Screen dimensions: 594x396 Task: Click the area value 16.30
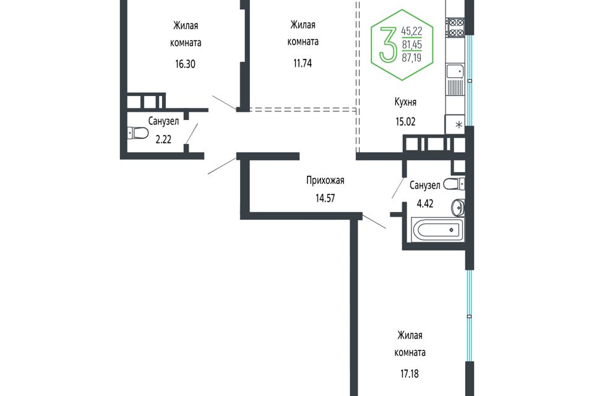pyautogui.click(x=185, y=64)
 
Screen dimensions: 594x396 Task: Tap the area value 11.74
pyautogui.click(x=303, y=63)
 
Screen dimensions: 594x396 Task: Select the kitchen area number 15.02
pyautogui.click(x=405, y=122)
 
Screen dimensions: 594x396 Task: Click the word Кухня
pyautogui.click(x=405, y=102)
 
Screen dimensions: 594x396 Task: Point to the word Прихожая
pyautogui.click(x=325, y=181)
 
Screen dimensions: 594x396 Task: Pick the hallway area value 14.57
pyautogui.click(x=325, y=198)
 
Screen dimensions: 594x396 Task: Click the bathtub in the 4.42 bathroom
pyautogui.click(x=437, y=230)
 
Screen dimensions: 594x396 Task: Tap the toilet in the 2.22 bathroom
pyautogui.click(x=137, y=133)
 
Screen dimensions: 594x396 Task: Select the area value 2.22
pyautogui.click(x=163, y=139)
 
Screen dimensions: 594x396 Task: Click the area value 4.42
pyautogui.click(x=424, y=204)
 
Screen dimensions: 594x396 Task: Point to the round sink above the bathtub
pyautogui.click(x=458, y=207)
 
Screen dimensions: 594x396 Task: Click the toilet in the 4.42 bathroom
pyautogui.click(x=454, y=184)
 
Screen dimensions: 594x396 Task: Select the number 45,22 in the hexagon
pyautogui.click(x=412, y=31)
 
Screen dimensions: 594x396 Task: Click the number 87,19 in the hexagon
pyautogui.click(x=412, y=58)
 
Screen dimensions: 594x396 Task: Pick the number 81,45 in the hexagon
pyautogui.click(x=412, y=45)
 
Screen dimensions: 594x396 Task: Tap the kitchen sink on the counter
pyautogui.click(x=455, y=71)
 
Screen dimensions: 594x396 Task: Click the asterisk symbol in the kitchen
pyautogui.click(x=458, y=124)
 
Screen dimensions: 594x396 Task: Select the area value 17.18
pyautogui.click(x=410, y=374)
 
